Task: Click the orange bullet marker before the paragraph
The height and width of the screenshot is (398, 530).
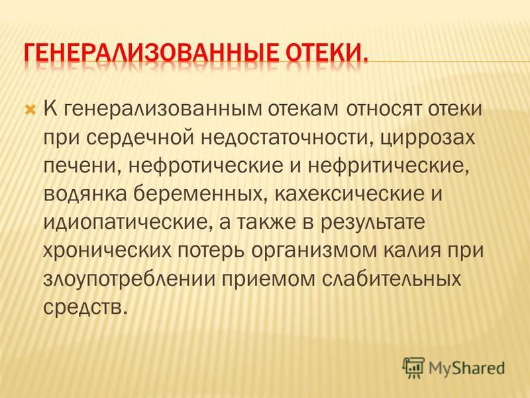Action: point(30,109)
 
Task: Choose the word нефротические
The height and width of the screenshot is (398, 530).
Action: point(205,166)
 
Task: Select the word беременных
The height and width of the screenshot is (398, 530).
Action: point(198,194)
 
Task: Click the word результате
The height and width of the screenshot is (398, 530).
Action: point(372,223)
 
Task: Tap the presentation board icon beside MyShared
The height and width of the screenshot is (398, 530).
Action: point(413,368)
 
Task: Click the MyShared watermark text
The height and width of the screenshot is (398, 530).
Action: point(466,368)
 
